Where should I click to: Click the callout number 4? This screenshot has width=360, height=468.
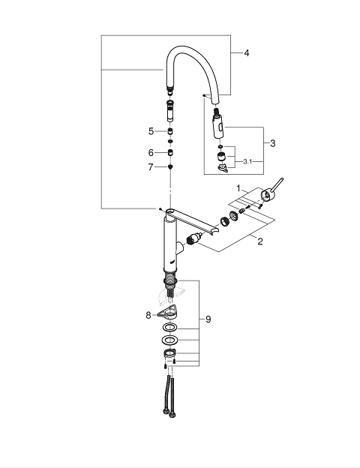pyautogui.click(x=247, y=53)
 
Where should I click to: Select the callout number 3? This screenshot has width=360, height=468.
pyautogui.click(x=272, y=143)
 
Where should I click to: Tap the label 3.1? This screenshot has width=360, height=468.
pyautogui.click(x=247, y=162)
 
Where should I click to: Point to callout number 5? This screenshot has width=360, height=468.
pyautogui.click(x=151, y=131)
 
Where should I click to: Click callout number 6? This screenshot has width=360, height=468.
pyautogui.click(x=151, y=153)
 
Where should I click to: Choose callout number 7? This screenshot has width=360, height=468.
pyautogui.click(x=151, y=167)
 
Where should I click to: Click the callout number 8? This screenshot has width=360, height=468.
pyautogui.click(x=148, y=315)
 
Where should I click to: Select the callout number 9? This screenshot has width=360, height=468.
pyautogui.click(x=208, y=319)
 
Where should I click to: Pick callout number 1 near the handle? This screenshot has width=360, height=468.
pyautogui.click(x=238, y=188)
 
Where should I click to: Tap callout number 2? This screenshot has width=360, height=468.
pyautogui.click(x=260, y=241)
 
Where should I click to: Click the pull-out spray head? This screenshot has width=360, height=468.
pyautogui.click(x=218, y=125)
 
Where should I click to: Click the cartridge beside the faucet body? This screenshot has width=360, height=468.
pyautogui.click(x=195, y=239)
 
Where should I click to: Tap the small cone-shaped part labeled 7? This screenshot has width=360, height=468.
pyautogui.click(x=170, y=166)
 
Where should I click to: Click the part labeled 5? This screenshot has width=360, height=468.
pyautogui.click(x=170, y=131)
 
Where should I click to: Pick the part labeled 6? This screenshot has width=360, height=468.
pyautogui.click(x=170, y=152)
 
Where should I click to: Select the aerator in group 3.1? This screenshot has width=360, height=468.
pyautogui.click(x=221, y=157)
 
